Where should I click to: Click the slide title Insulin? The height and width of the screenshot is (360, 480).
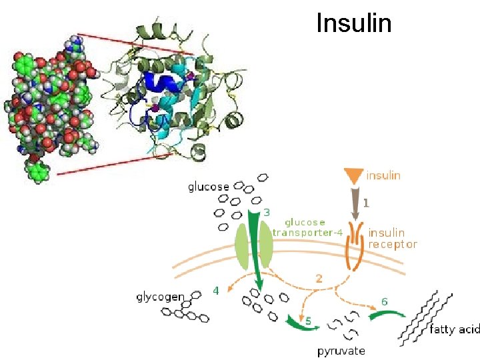pyautogui.click(x=353, y=23)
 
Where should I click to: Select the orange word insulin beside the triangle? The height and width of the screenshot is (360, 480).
pyautogui.click(x=383, y=175)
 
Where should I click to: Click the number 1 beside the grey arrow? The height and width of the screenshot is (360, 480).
pyautogui.click(x=367, y=199)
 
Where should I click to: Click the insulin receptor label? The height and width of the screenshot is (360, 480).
pyautogui.click(x=392, y=239)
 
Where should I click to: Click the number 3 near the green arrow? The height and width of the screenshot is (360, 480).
pyautogui.click(x=266, y=212)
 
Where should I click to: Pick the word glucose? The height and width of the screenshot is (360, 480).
pyautogui.click(x=208, y=187)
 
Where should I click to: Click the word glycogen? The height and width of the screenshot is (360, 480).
pyautogui.click(x=160, y=296)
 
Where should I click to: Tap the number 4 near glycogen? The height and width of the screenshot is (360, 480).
pyautogui.click(x=215, y=291)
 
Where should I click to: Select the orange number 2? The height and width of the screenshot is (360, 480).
pyautogui.click(x=319, y=279)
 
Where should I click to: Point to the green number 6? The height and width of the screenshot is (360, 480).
pyautogui.click(x=385, y=301)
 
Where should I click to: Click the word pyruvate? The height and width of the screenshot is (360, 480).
pyautogui.click(x=341, y=350)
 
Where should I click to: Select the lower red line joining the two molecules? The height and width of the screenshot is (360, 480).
pyautogui.click(x=113, y=164)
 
